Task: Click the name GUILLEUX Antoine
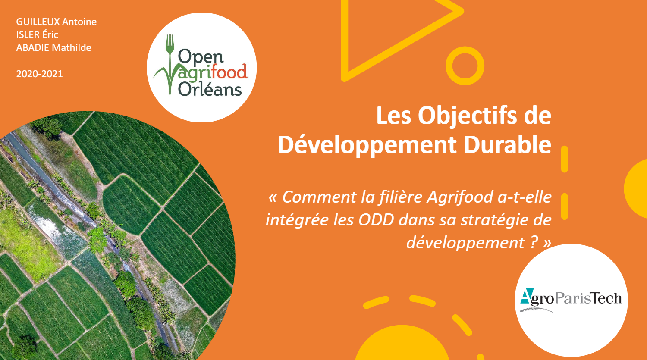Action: (x=57, y=22)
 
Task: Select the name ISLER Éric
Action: (x=37, y=34)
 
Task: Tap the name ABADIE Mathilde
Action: (x=54, y=47)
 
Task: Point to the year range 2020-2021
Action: (x=39, y=74)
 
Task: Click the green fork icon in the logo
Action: (x=170, y=63)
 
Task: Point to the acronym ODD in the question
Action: (x=377, y=220)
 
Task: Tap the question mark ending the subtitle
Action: (x=534, y=242)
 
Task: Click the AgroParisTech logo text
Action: (x=571, y=298)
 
